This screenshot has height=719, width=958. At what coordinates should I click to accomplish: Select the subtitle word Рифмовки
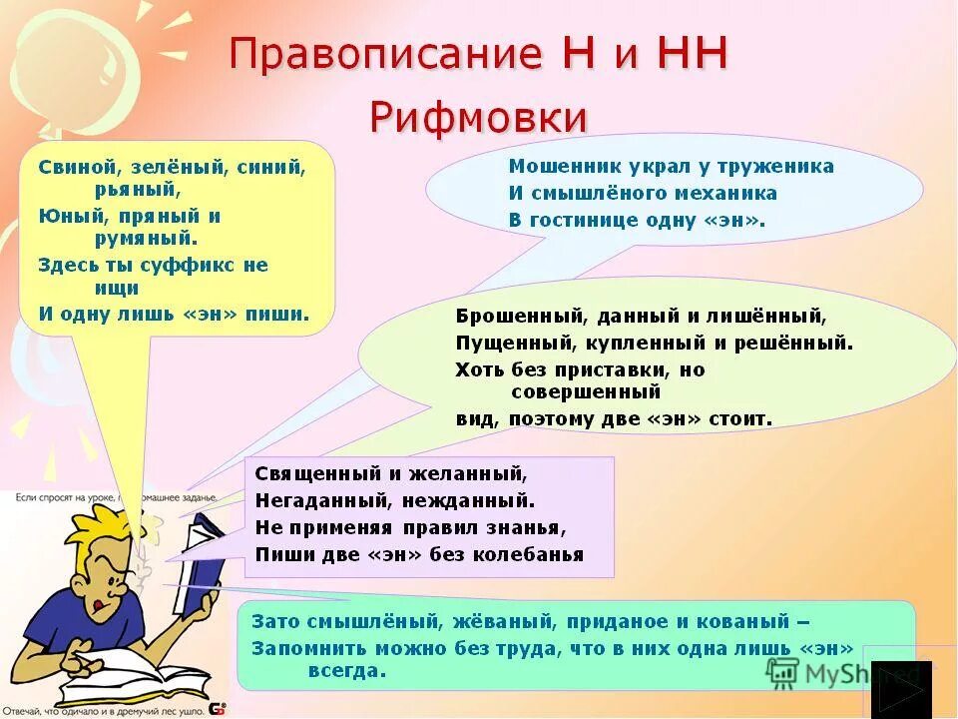478,117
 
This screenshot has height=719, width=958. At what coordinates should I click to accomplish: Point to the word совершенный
586,392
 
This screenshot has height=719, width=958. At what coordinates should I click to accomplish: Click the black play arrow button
901,690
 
